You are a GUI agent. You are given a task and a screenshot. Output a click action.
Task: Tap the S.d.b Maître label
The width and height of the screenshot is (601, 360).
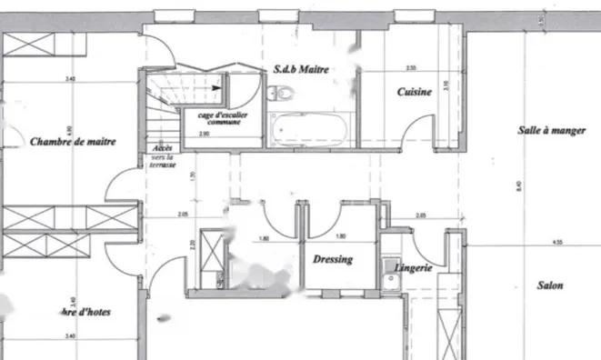pyautogui.click(x=300, y=69)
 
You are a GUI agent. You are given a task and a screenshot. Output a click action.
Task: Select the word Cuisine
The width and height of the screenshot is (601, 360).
pyautogui.click(x=413, y=93)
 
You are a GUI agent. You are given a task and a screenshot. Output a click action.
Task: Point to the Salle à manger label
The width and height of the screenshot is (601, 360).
pyautogui.click(x=552, y=132)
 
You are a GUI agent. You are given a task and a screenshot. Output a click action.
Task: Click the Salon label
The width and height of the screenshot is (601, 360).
pyautogui.click(x=550, y=285)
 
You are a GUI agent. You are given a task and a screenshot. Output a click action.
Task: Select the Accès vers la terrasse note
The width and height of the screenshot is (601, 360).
pyautogui.click(x=164, y=157)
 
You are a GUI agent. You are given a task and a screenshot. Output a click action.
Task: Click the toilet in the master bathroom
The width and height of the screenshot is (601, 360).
pyautogui.click(x=281, y=91)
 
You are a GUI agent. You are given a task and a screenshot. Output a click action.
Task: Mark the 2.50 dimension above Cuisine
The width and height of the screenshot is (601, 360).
pyautogui.click(x=411, y=68)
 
